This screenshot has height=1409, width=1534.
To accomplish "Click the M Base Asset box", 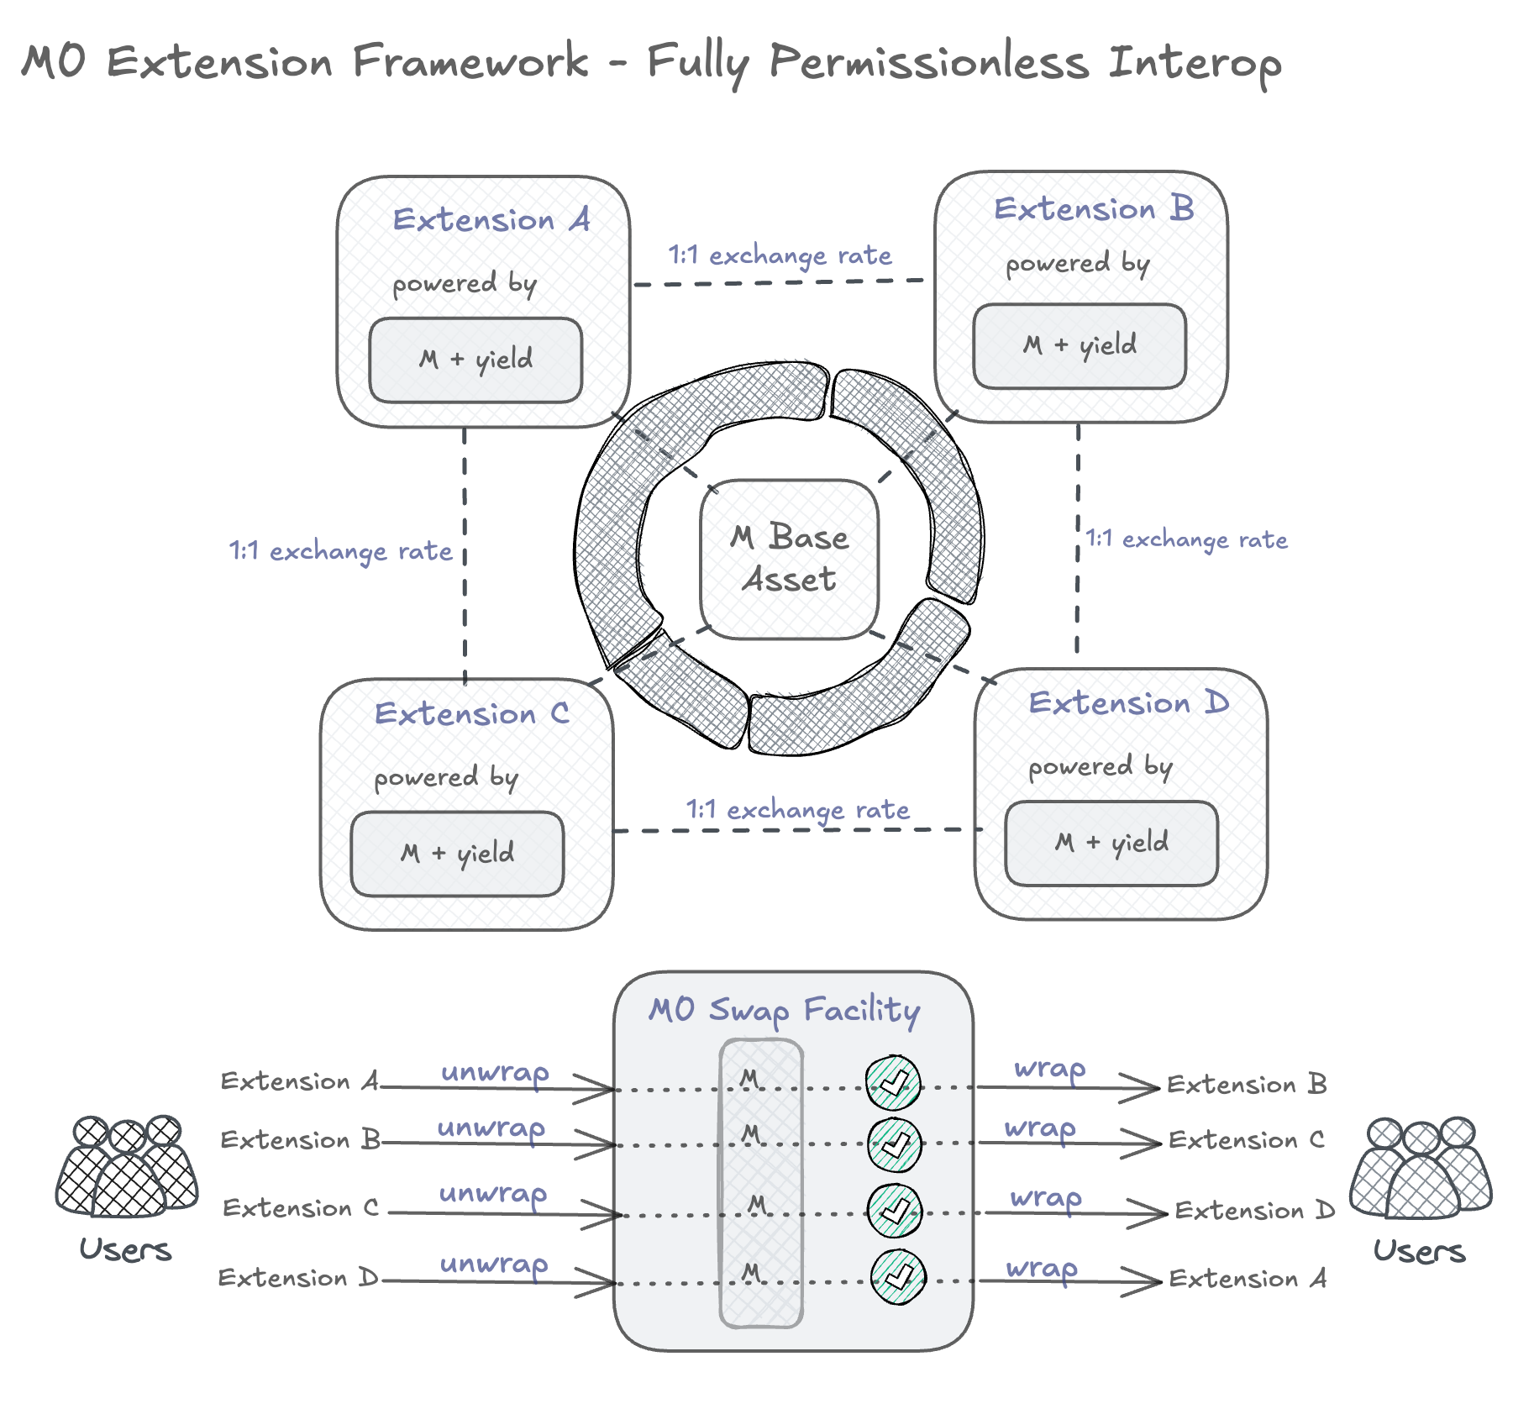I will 789,559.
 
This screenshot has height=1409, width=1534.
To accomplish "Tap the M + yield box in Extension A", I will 475,360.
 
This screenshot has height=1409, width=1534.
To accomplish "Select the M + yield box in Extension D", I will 1111,843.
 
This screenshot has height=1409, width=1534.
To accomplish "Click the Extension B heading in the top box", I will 1094,208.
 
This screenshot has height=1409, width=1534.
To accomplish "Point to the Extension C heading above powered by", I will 471,713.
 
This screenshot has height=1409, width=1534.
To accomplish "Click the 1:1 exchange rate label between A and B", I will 780,255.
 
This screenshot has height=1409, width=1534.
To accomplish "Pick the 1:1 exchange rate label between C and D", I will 797,809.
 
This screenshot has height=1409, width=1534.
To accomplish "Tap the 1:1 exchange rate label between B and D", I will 1186,539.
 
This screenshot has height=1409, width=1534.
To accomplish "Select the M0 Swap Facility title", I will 785,1009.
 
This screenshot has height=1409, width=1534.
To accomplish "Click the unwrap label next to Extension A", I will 495,1072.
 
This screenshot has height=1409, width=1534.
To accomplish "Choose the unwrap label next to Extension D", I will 494,1264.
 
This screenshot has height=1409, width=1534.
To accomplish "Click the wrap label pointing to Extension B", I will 1050,1069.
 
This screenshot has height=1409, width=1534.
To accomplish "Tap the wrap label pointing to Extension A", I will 1042,1268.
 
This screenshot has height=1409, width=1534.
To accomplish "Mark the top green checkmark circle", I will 894,1083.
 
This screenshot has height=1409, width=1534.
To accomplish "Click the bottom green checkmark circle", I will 898,1277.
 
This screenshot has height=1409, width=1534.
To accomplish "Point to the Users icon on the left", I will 127,1167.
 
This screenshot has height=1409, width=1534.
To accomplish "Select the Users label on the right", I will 1419,1251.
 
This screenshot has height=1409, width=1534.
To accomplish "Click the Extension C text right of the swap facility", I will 1247,1140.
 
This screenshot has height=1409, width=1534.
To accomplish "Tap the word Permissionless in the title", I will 929,62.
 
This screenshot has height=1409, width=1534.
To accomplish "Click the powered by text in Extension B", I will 1077,264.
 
